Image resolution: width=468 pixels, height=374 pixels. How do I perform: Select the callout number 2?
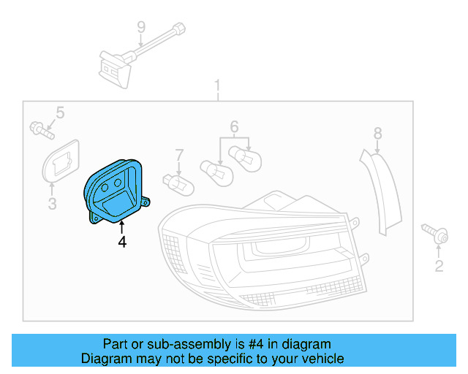[x=439, y=267]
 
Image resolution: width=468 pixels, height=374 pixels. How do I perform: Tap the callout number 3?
[x=52, y=204]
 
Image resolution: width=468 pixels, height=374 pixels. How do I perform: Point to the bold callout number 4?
[x=122, y=242]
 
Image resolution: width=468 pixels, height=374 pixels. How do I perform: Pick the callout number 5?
[x=60, y=112]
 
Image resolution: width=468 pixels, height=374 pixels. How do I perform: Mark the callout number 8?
[x=377, y=133]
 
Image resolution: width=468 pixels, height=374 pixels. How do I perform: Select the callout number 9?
[x=140, y=28]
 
